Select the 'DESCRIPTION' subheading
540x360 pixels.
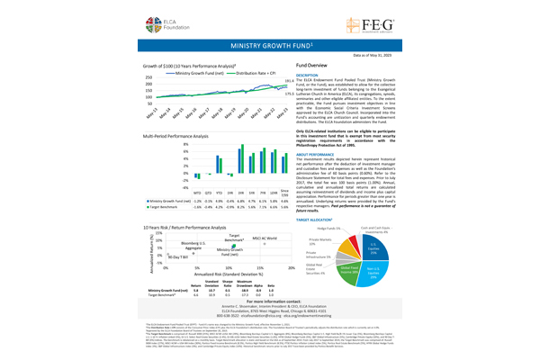point(309,76)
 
